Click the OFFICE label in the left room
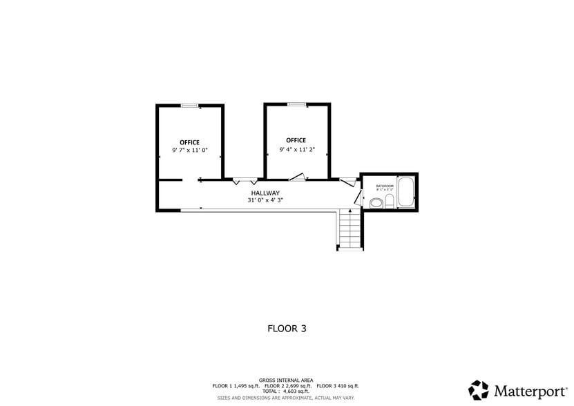189,142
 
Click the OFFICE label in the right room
296,140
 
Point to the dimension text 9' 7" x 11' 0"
189,151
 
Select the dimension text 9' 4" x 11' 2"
296,149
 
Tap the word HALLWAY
265,193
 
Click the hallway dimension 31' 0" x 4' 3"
265,200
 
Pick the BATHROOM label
385,186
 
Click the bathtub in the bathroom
406,193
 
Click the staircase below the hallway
350,230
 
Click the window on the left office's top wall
189,105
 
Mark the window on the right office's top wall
296,104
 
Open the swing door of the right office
298,177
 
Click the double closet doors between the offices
245,181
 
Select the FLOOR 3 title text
287,329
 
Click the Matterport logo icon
479,390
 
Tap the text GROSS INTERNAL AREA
286,380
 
